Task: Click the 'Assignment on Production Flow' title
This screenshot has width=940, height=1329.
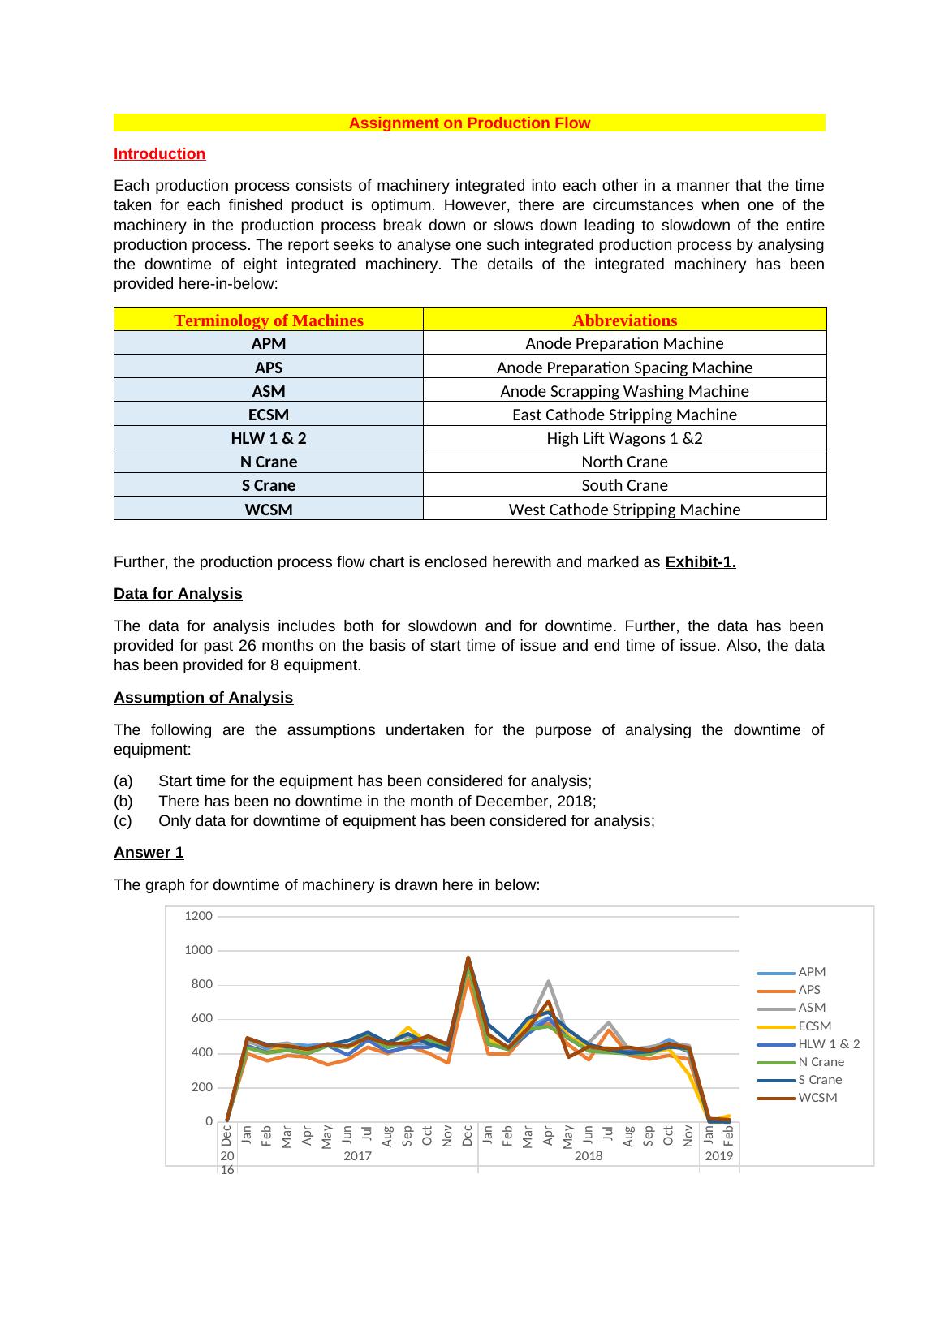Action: tap(469, 123)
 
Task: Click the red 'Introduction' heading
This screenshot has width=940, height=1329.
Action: tap(159, 154)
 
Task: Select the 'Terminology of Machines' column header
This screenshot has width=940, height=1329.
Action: tap(269, 320)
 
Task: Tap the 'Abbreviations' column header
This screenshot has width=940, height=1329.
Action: tap(624, 320)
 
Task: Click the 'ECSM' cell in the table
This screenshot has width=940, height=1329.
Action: tap(269, 415)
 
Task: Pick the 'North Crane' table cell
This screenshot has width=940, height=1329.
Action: tap(624, 462)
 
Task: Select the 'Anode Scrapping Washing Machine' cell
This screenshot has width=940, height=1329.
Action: tap(624, 391)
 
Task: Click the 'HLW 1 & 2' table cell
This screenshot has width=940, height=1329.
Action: tap(269, 438)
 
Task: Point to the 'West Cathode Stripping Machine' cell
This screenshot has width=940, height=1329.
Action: tap(624, 510)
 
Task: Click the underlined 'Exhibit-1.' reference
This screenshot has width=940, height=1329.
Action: tap(700, 562)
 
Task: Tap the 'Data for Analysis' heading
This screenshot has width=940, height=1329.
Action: tap(178, 594)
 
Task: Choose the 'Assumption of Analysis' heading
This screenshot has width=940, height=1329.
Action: tap(203, 698)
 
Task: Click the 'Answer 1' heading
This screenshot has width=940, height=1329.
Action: tap(149, 853)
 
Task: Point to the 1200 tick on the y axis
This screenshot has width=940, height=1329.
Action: tap(198, 916)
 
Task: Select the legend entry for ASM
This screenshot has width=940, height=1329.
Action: tap(811, 1008)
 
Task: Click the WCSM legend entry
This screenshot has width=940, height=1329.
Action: tap(817, 1098)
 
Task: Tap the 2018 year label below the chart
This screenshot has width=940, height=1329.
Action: tap(589, 1156)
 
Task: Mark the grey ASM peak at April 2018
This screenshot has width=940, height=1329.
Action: tap(549, 982)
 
